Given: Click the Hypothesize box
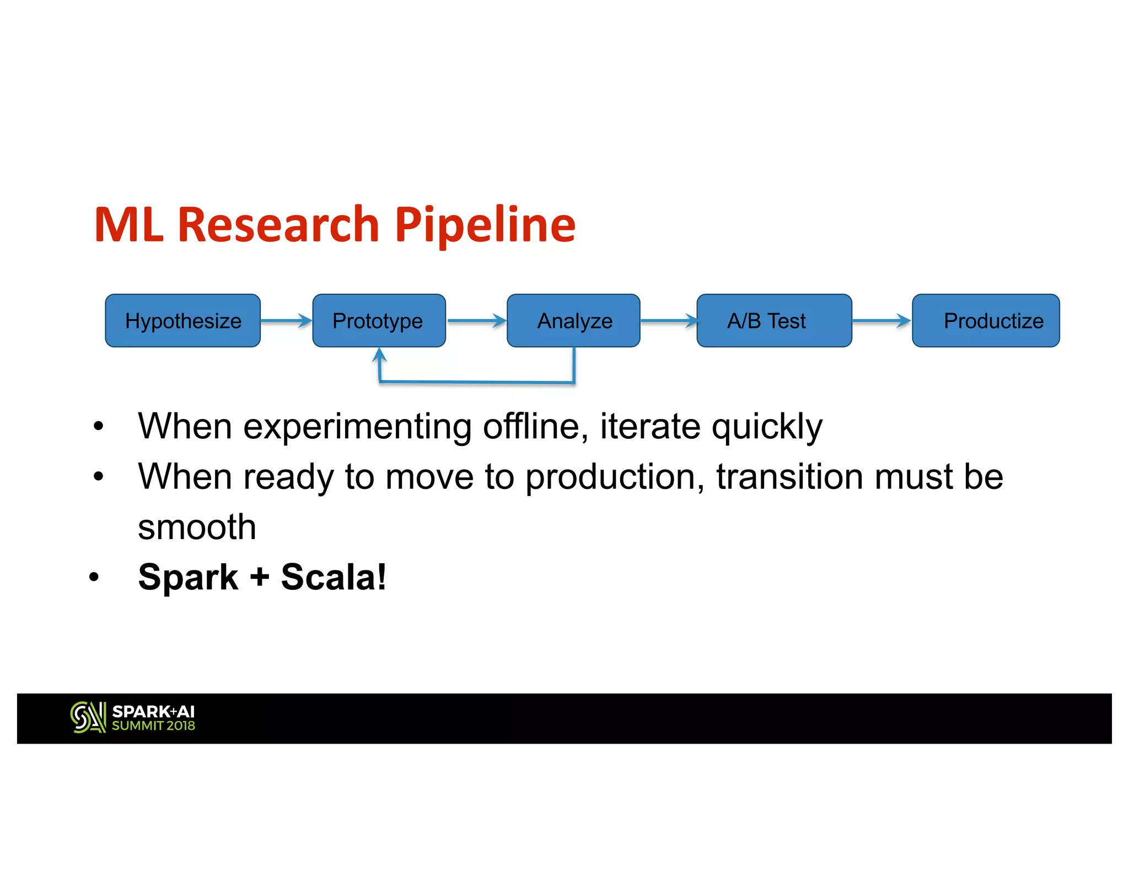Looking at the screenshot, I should point(182,320).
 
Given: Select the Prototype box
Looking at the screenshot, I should point(379,320).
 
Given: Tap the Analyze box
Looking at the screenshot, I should point(573,320).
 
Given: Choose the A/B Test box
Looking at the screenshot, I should point(773,320).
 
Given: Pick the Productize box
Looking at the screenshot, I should point(985,320).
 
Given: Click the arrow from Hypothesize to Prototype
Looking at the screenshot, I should point(286,320).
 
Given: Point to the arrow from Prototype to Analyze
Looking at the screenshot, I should point(476,320).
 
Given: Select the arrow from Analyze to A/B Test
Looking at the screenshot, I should point(668,320).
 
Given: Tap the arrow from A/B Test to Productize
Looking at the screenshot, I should point(881,320).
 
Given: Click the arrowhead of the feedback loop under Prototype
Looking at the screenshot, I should point(379,354).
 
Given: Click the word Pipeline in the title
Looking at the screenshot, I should point(485,225).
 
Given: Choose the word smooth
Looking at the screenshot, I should point(197,527).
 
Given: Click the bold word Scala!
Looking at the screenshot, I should point(334,577).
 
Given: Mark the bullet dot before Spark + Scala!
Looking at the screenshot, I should point(94,578).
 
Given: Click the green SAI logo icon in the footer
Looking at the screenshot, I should point(88,718).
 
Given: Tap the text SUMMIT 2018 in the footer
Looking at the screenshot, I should point(153,726).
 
